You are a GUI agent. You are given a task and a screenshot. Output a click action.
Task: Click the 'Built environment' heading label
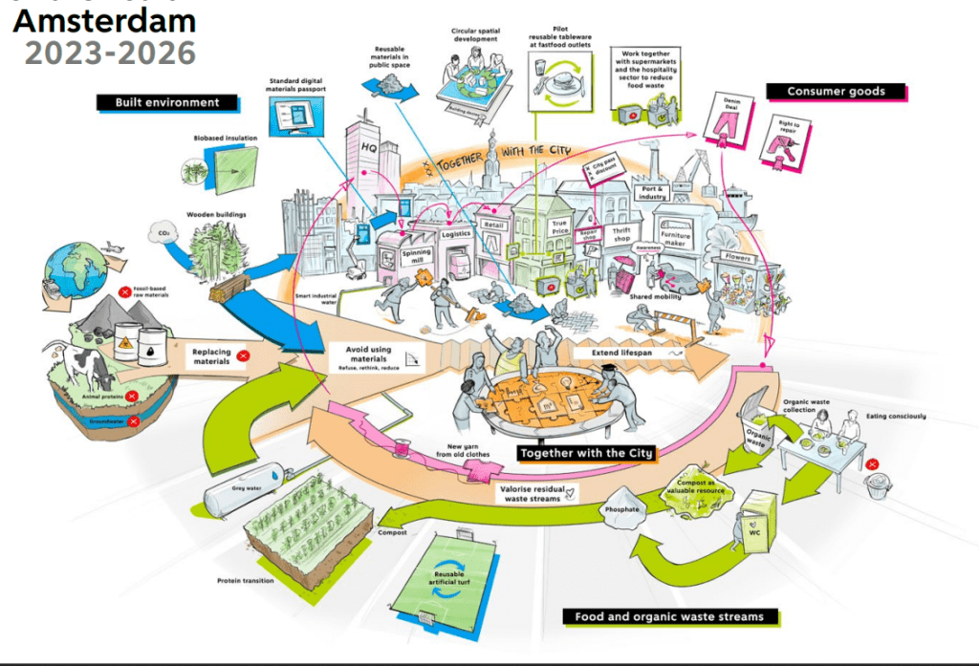(167, 102)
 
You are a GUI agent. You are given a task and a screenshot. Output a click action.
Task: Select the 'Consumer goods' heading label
(836, 92)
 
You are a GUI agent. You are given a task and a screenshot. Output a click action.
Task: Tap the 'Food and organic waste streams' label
(669, 616)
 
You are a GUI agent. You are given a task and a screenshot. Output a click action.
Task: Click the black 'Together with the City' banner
(586, 452)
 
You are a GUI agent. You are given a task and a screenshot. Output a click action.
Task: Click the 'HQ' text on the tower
(368, 148)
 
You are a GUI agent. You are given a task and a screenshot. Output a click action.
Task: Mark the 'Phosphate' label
(621, 509)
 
